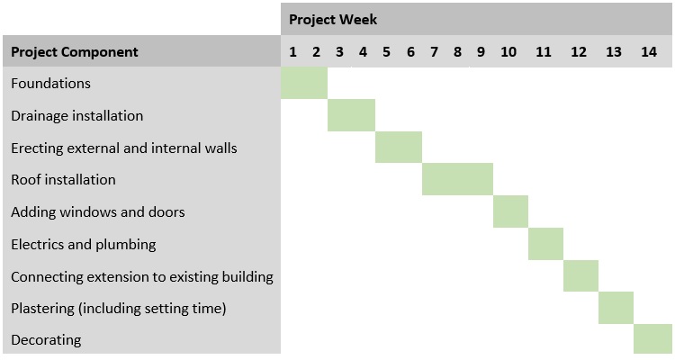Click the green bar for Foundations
(304, 84)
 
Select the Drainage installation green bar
(351, 115)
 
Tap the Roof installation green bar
(457, 179)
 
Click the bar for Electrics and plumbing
(545, 243)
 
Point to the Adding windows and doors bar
(510, 211)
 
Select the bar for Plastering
(616, 308)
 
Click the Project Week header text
(333, 19)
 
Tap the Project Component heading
(75, 51)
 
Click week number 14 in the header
(649, 51)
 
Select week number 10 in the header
(508, 51)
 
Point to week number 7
(434, 51)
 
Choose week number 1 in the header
(293, 51)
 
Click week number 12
(579, 51)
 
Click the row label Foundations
(50, 84)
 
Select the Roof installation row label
(63, 179)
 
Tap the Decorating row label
(46, 339)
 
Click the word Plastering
(42, 308)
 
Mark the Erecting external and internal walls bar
(398, 147)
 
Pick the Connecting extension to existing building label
(142, 276)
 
